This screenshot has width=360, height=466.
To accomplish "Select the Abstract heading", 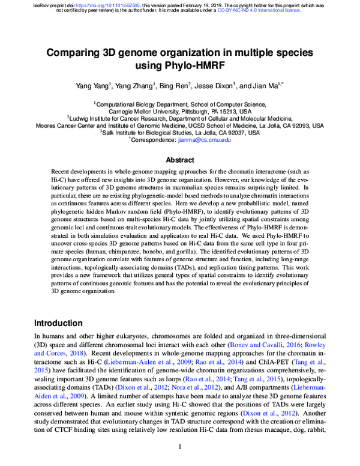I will (x=180, y=160).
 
